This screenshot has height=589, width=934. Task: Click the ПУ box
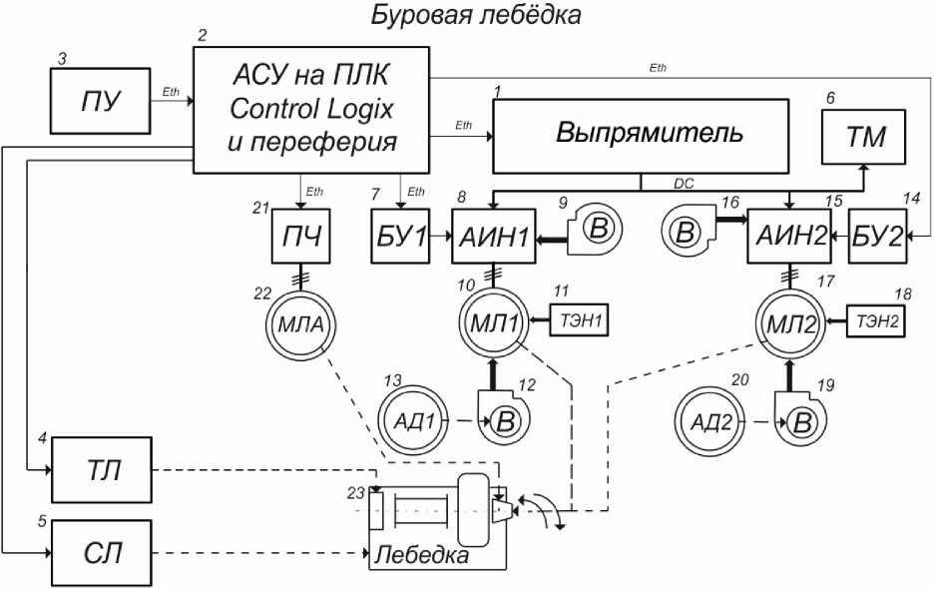tap(100, 101)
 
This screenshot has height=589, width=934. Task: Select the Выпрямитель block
tap(641, 137)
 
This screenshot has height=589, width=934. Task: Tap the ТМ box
tap(864, 137)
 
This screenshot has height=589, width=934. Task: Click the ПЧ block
tap(300, 236)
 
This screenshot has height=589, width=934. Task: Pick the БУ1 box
tap(400, 236)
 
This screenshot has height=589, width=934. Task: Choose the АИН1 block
tap(494, 236)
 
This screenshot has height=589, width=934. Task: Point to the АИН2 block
tap(789, 236)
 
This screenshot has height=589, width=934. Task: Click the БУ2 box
tap(877, 236)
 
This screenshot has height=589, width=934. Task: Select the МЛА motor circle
tap(300, 324)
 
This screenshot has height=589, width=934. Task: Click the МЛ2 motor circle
tap(790, 323)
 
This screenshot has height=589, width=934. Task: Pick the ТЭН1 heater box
tap(580, 320)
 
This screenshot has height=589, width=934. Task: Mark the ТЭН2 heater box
tap(876, 320)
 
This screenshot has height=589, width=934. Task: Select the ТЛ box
tap(102, 470)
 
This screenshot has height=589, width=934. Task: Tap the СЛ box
tap(102, 553)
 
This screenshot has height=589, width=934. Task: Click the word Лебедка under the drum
tap(421, 555)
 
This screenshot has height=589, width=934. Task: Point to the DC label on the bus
tap(684, 184)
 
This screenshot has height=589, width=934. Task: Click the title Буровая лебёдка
tap(476, 15)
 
